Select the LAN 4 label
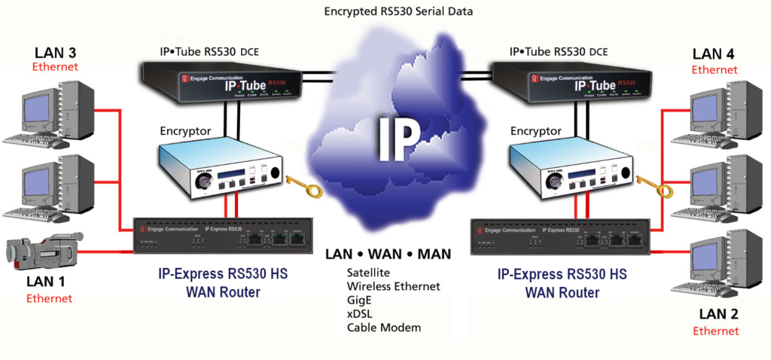(714, 54)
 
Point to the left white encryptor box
(223, 171)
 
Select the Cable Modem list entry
(384, 328)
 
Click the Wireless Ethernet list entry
(393, 286)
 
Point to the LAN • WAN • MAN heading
(389, 254)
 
